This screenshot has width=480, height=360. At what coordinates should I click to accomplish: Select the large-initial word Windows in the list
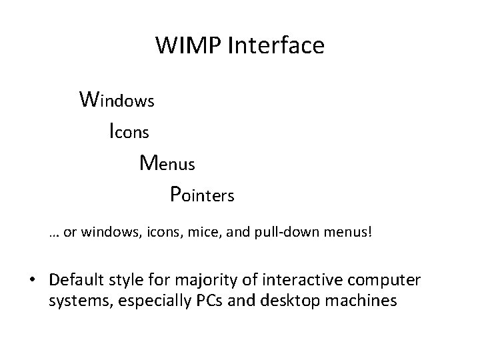tap(117, 100)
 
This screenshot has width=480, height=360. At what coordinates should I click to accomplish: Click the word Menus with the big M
tap(167, 163)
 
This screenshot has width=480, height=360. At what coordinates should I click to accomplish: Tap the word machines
tap(367, 300)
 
